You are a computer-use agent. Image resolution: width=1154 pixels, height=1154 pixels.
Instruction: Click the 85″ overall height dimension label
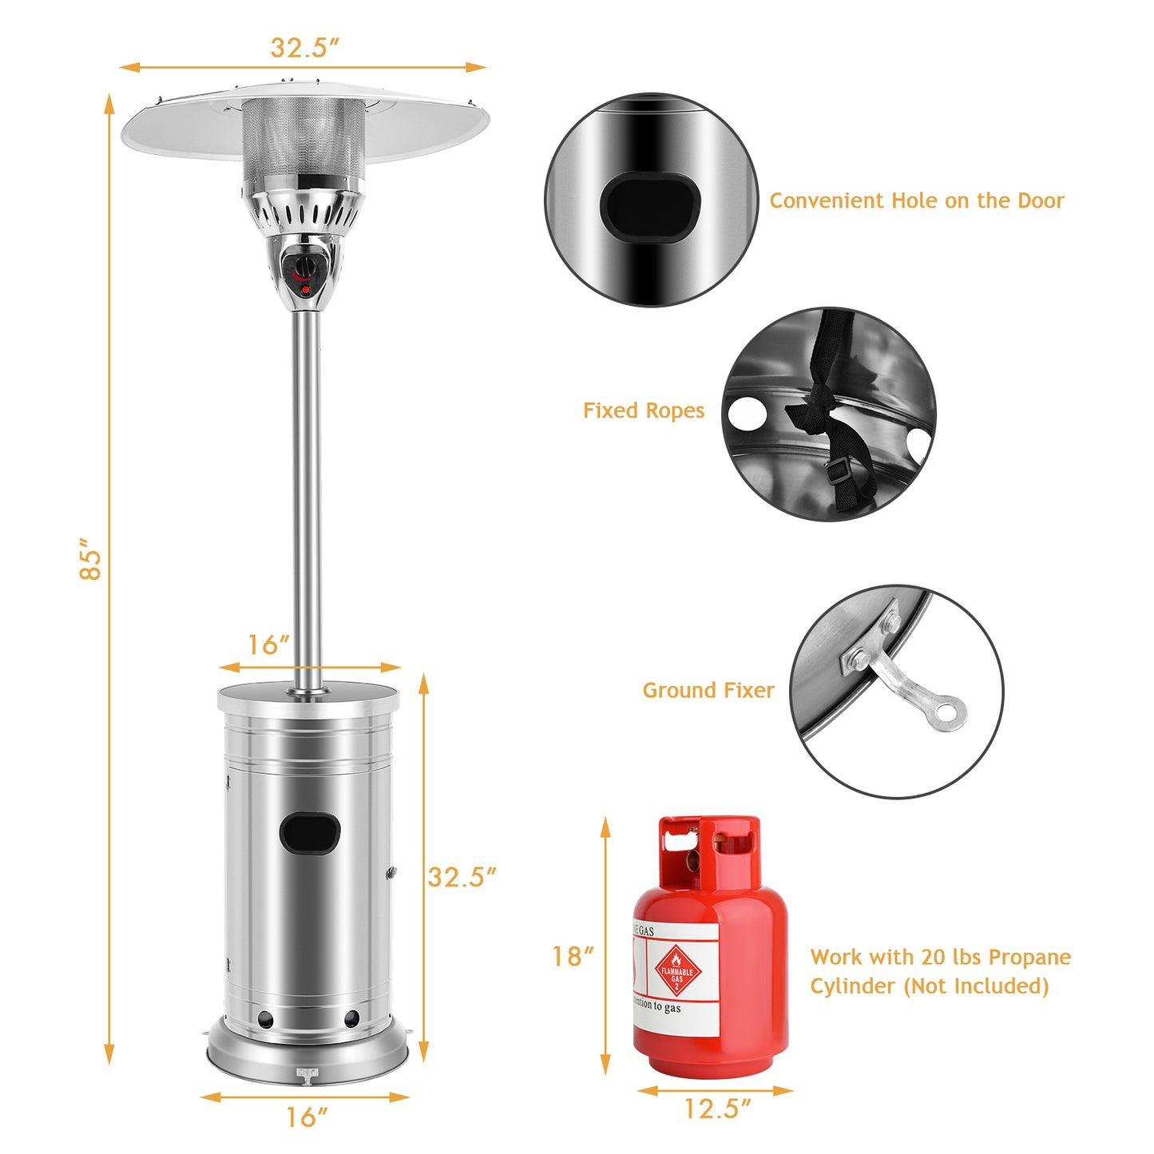90,553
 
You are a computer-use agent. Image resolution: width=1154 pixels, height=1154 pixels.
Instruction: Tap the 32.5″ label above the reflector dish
304,47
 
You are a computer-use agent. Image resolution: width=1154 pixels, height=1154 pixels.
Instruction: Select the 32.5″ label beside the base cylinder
462,877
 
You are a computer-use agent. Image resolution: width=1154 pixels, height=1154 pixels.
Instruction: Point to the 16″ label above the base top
268,644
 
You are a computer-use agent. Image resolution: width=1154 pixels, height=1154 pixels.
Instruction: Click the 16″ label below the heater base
307,1117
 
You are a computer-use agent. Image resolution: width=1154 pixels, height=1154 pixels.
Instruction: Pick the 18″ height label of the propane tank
573,956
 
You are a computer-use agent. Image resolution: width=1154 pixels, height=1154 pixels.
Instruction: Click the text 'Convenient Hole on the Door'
916,200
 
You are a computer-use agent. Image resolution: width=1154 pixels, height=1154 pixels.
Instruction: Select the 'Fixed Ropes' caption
644,410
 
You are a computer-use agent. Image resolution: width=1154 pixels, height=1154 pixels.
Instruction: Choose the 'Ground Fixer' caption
708,690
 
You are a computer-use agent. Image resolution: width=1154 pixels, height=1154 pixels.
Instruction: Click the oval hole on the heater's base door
310,833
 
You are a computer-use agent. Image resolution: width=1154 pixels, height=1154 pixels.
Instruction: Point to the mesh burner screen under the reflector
303,137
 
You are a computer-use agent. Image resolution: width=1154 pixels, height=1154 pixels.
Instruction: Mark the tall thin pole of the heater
307,495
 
